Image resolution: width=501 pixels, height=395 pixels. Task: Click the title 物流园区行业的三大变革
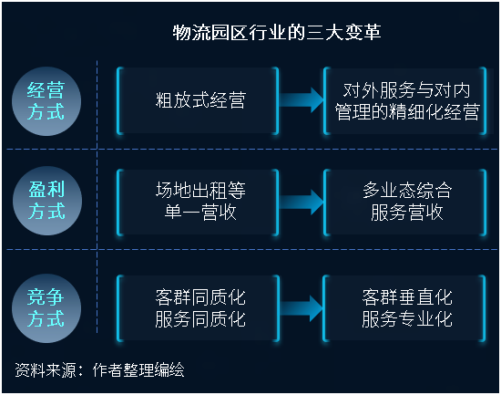click(277, 32)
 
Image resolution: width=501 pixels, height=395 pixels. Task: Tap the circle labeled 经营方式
click(46, 101)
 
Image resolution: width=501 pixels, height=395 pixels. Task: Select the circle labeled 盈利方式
click(47, 201)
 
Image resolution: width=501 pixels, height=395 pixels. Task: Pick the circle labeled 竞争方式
click(46, 308)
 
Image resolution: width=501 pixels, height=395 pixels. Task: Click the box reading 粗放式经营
click(198, 100)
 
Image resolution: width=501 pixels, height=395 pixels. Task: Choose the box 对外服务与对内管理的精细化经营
click(405, 100)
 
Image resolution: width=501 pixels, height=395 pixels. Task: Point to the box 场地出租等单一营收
click(198, 203)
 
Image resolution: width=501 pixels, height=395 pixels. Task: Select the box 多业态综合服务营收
click(405, 203)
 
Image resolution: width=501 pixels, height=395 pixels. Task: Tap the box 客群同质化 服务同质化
click(198, 308)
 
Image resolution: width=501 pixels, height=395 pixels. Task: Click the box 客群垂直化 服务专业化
click(404, 308)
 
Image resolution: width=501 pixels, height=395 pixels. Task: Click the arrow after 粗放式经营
click(302, 99)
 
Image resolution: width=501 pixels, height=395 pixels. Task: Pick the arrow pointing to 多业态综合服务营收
click(302, 203)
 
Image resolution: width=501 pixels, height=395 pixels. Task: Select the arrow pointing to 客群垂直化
click(301, 308)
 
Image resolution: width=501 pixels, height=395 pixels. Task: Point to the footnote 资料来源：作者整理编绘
click(99, 370)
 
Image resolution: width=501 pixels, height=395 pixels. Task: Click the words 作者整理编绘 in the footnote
click(138, 370)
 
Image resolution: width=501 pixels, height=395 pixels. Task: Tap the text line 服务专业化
click(407, 318)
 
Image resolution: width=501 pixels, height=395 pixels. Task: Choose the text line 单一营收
click(200, 212)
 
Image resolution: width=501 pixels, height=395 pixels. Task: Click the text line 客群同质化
click(200, 297)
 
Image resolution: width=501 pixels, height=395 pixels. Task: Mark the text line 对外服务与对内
click(406, 90)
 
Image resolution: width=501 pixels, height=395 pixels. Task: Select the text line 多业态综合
click(407, 191)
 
